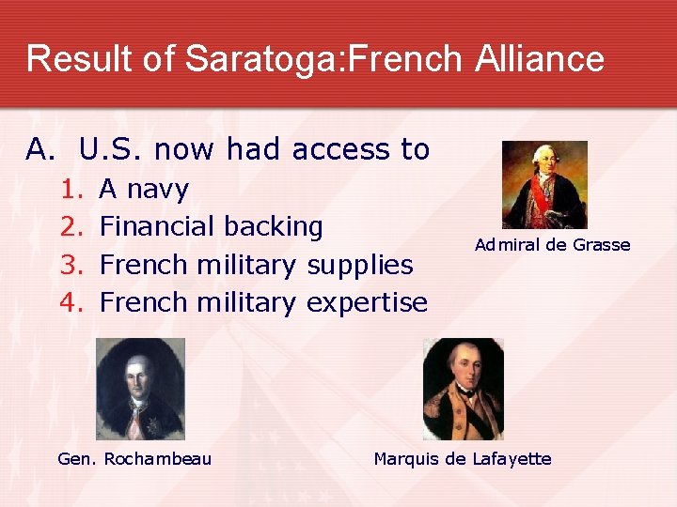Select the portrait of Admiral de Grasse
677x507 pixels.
click(x=544, y=185)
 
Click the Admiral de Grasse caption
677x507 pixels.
click(x=552, y=245)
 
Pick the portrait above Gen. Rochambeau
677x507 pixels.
click(x=140, y=389)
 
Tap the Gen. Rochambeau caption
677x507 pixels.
click(x=134, y=458)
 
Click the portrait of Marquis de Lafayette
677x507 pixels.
click(x=463, y=389)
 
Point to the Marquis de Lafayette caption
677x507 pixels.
click(x=463, y=458)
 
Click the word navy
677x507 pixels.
click(x=157, y=191)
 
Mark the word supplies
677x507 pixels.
click(x=360, y=267)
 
